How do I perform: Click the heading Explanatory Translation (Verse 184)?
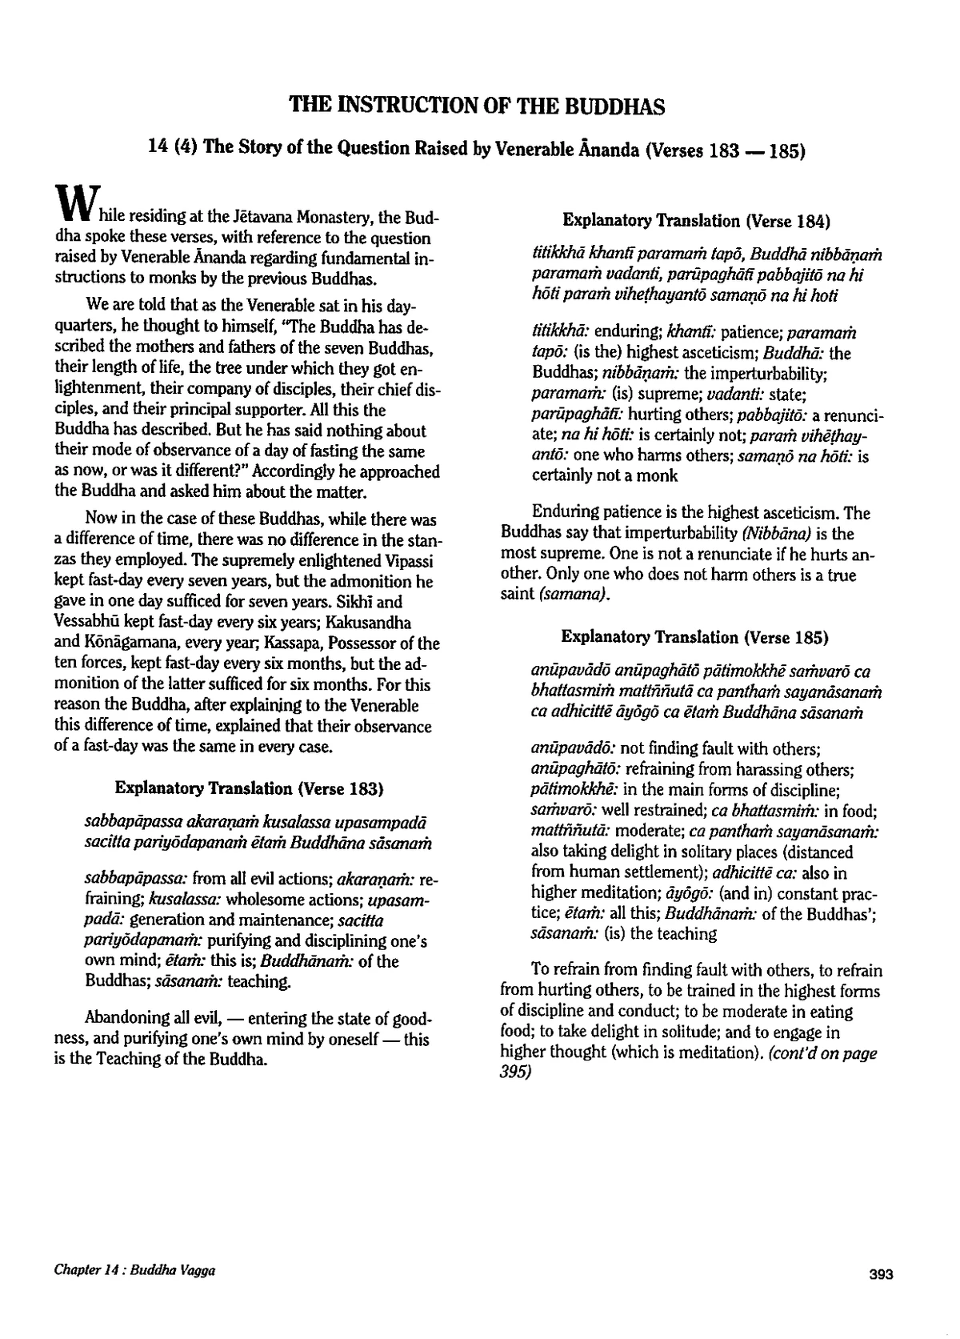pyautogui.click(x=696, y=220)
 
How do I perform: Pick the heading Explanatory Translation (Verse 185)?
pyautogui.click(x=694, y=637)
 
